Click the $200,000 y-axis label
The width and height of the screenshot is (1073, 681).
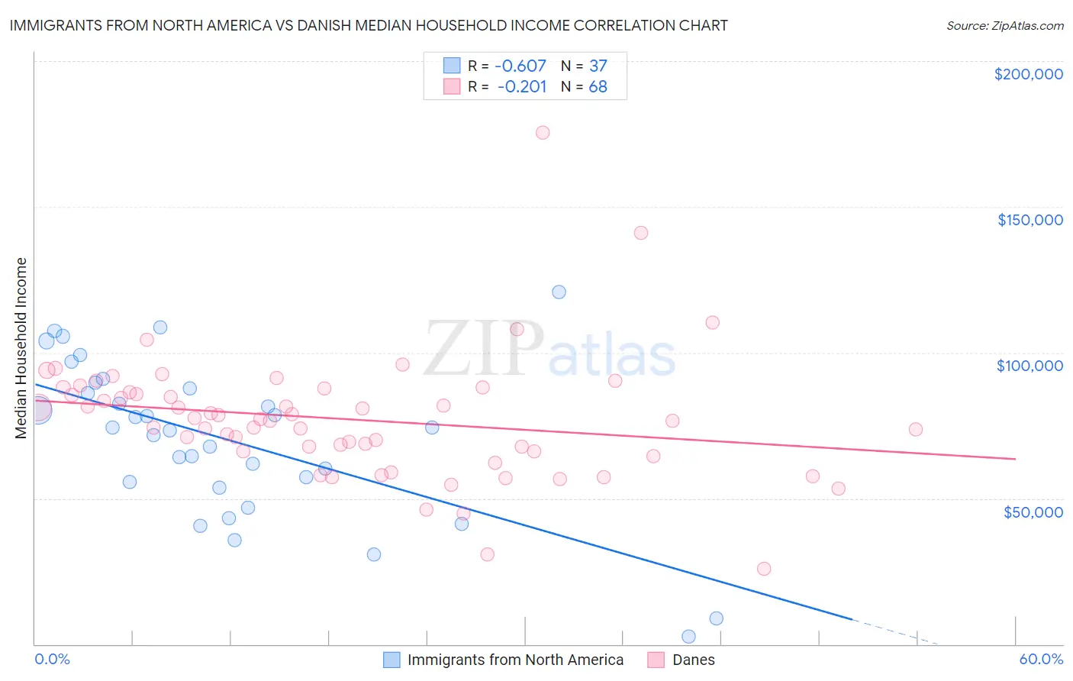1028,74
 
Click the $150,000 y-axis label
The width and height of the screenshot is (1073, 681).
1029,220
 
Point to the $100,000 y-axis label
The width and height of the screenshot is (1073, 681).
1029,366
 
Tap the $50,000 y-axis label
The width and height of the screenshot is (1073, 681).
1033,512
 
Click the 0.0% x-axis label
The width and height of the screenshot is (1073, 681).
52,659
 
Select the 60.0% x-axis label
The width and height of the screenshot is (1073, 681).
1041,659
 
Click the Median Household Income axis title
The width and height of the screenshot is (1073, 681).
21,348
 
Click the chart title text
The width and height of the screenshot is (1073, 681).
369,25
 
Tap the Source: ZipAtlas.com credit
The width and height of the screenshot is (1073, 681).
1004,25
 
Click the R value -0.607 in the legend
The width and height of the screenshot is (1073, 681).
521,66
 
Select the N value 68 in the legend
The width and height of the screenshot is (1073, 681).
598,87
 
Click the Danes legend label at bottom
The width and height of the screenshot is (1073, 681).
693,660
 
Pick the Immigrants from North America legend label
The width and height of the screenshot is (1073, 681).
515,660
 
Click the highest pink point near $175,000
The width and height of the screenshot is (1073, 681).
543,132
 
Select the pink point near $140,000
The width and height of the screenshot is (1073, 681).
641,233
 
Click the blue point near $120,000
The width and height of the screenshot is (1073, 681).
559,292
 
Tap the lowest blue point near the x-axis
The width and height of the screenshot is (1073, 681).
688,636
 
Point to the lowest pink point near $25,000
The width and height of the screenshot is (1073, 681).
764,569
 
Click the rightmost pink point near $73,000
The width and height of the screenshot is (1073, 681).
916,429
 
